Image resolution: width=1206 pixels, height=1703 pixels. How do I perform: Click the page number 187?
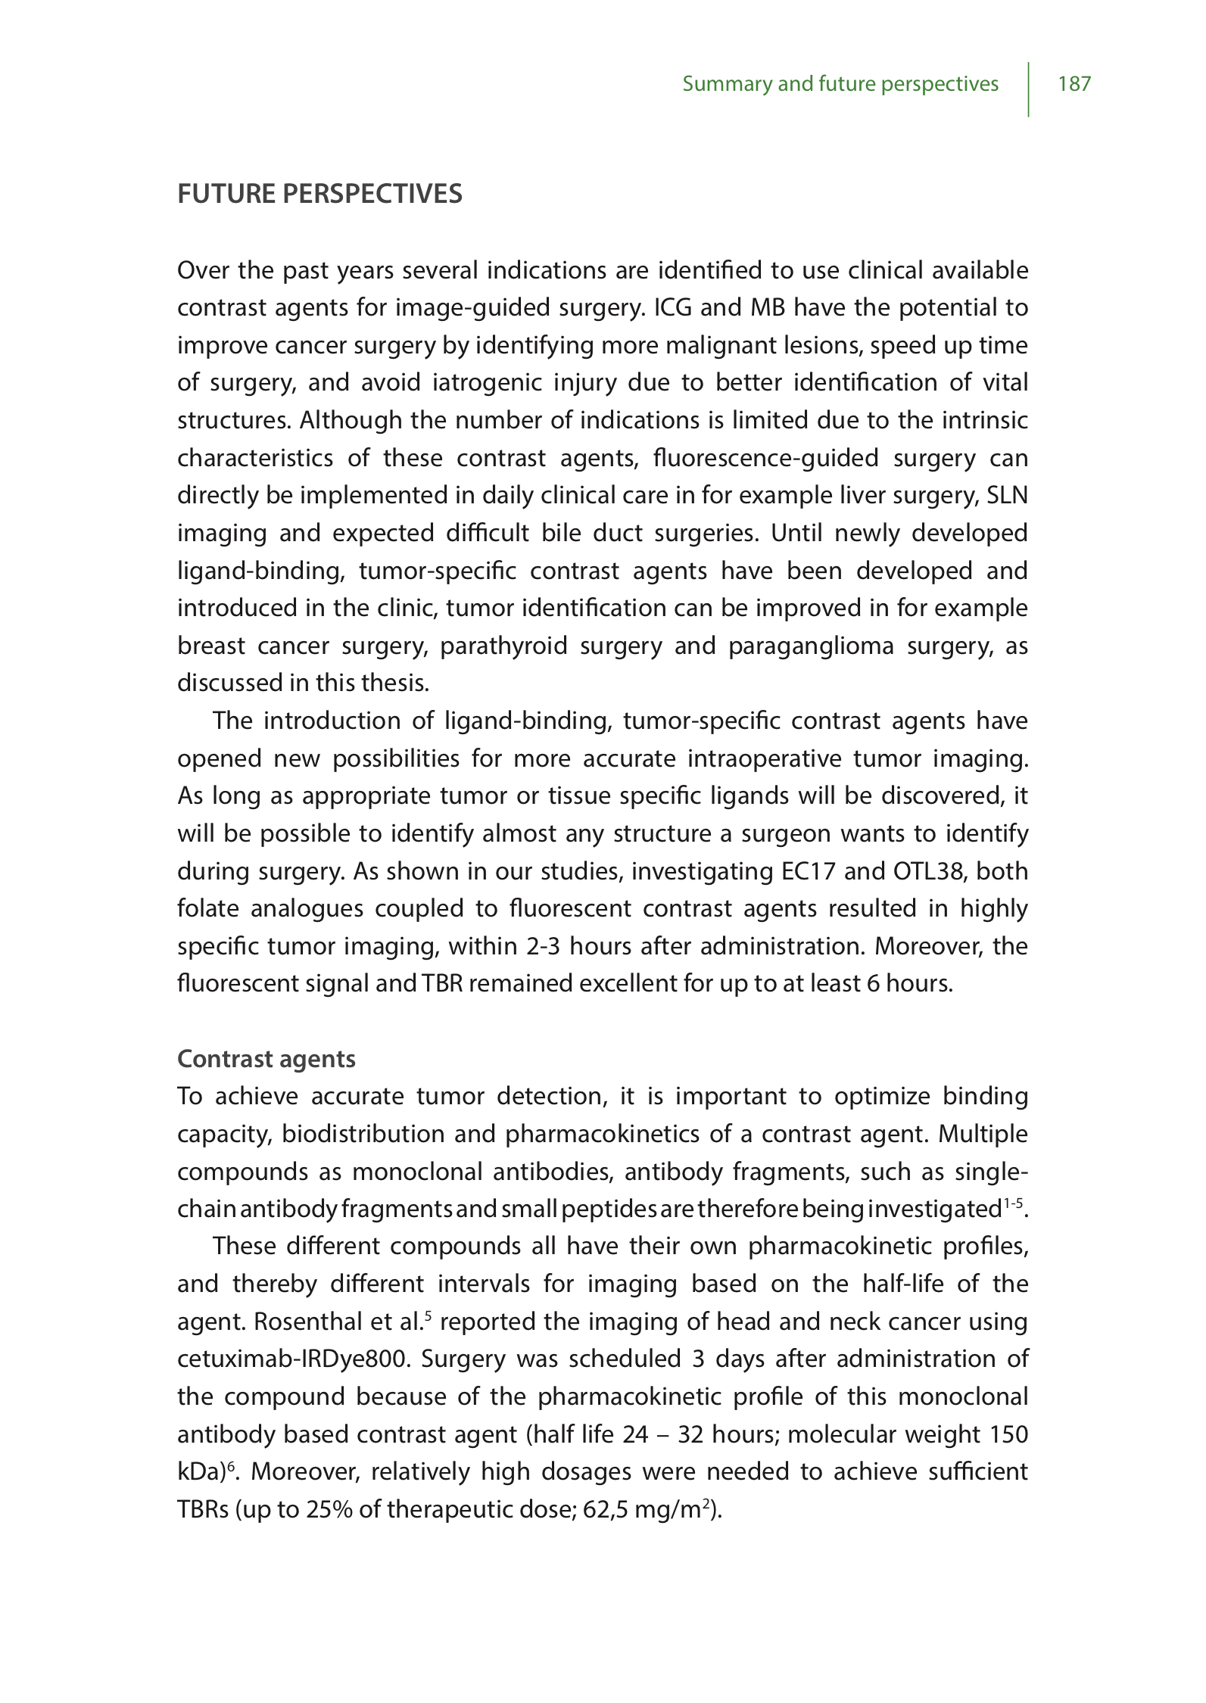tap(1074, 83)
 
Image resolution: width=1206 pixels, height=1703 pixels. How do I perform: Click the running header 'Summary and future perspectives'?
tap(840, 83)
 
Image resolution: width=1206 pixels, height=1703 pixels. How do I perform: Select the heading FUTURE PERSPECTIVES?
tap(319, 195)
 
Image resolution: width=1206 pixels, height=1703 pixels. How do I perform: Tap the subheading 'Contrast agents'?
tap(266, 1059)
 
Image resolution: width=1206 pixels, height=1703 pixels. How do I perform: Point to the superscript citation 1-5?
tap(1014, 1203)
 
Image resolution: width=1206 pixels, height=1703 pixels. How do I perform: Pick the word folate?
tap(207, 909)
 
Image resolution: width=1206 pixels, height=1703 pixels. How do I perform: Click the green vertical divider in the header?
tap(1028, 89)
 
